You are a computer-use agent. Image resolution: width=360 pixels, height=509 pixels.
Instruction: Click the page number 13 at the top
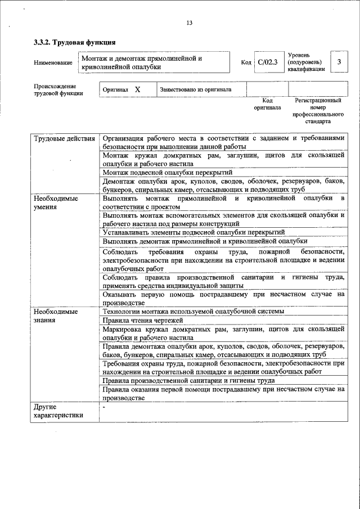click(189, 22)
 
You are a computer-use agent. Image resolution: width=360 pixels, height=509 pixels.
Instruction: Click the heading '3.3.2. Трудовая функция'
click(75, 42)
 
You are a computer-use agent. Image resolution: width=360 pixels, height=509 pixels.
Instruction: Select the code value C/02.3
click(268, 62)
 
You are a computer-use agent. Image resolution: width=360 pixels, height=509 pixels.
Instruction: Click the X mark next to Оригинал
click(137, 89)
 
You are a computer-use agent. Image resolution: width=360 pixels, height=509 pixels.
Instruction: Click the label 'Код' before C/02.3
click(246, 62)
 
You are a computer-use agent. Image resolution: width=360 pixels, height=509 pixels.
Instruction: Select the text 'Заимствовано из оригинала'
click(195, 89)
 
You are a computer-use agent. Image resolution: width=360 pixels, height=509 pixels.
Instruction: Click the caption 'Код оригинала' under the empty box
click(267, 103)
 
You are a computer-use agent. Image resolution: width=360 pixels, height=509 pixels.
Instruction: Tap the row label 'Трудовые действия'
click(64, 138)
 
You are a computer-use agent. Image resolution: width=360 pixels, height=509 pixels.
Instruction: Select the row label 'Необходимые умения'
click(55, 203)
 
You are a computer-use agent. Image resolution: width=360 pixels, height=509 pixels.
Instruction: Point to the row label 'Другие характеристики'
click(58, 411)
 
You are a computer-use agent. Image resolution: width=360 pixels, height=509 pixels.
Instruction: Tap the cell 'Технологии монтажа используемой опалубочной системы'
click(193, 311)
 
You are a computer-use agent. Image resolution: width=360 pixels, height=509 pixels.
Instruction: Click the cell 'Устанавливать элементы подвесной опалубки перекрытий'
click(193, 232)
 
